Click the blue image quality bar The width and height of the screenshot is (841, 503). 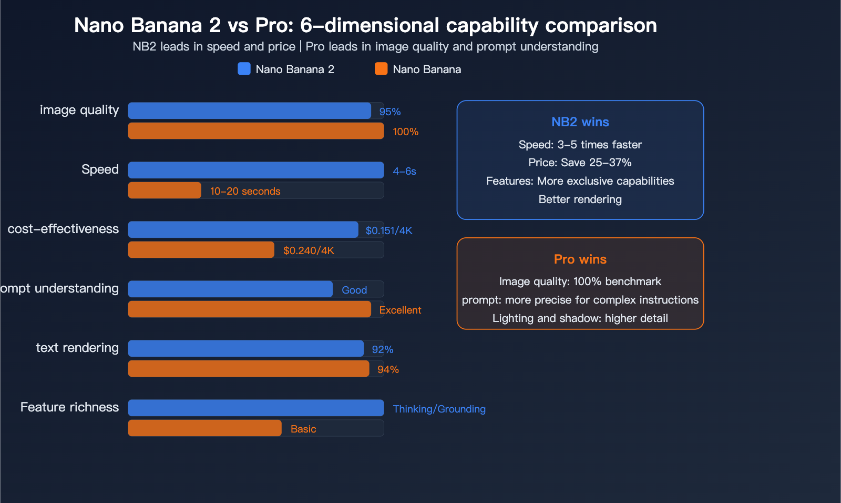249,110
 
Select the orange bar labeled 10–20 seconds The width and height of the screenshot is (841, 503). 165,190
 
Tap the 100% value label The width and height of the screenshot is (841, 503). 405,132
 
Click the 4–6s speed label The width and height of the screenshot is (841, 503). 404,172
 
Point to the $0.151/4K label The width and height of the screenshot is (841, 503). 389,231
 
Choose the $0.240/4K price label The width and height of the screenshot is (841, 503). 309,251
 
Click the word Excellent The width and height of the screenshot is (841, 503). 400,310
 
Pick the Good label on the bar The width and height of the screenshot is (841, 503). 354,290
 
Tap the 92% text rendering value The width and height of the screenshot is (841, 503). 382,350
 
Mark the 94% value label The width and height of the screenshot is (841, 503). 388,370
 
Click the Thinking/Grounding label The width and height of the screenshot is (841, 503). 439,409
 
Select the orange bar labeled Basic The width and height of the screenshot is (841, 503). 204,428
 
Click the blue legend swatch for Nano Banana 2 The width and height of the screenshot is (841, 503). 244,69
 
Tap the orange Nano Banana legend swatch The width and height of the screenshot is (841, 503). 381,69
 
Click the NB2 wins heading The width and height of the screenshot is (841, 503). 580,122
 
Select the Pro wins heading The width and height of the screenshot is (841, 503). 580,259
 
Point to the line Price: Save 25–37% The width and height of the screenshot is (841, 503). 580,163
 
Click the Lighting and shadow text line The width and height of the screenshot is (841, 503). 580,318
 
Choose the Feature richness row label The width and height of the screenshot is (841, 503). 69,407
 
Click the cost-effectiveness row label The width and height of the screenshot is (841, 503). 63,229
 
